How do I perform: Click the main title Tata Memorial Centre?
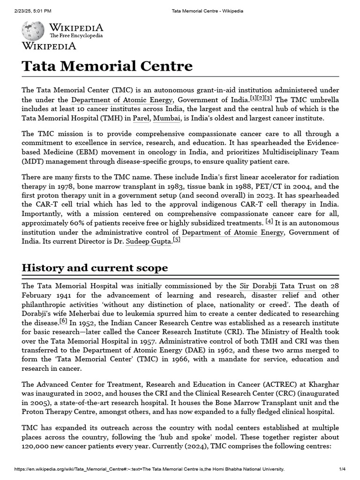107,66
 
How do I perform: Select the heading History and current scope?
95,268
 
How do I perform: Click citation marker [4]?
269,221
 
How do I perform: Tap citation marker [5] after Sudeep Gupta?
176,240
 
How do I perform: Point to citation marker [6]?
63,321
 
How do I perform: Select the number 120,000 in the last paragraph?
37,446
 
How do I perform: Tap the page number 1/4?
342,469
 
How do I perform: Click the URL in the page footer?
149,469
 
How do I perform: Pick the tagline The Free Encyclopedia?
76,36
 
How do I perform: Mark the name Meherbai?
112,314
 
